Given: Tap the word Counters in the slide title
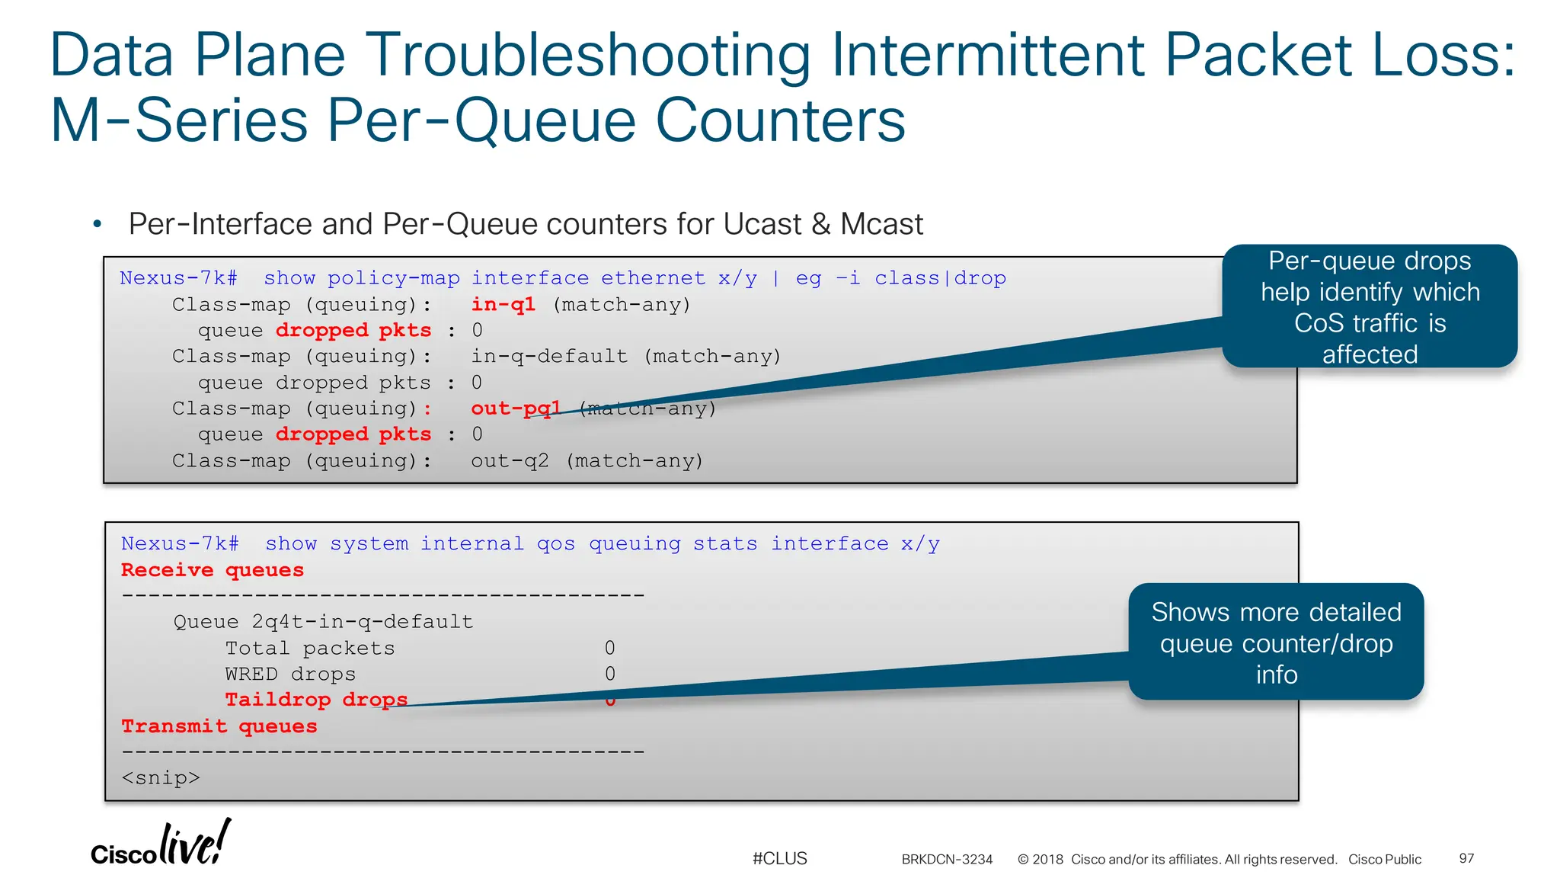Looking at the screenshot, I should pyautogui.click(x=780, y=120).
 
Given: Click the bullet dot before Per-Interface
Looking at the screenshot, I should pyautogui.click(x=97, y=225).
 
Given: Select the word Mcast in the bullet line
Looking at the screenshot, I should pyautogui.click(x=881, y=225).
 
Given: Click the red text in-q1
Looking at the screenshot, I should pyautogui.click(x=503, y=304).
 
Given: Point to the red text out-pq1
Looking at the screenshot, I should pyautogui.click(x=515, y=409).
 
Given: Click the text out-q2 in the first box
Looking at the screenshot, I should pyautogui.click(x=509, y=460).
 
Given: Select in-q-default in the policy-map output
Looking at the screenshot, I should pyautogui.click(x=549, y=356).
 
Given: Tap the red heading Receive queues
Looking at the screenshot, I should pyautogui.click(x=213, y=570).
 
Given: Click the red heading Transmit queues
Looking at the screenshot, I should pyautogui.click(x=219, y=726).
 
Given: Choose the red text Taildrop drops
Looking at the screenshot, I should pyautogui.click(x=316, y=699).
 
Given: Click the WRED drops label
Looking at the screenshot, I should pyautogui.click(x=290, y=674).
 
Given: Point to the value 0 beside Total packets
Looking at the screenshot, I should pyautogui.click(x=610, y=648).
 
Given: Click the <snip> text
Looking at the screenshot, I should pyautogui.click(x=161, y=777).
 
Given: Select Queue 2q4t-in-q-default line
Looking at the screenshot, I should pyautogui.click(x=323, y=621).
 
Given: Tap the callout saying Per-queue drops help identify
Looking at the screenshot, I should pyautogui.click(x=1369, y=306).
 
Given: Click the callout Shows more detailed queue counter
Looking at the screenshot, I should pyautogui.click(x=1276, y=642).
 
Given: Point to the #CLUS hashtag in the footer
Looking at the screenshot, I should pyautogui.click(x=779, y=858).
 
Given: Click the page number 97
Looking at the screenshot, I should pyautogui.click(x=1466, y=858).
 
